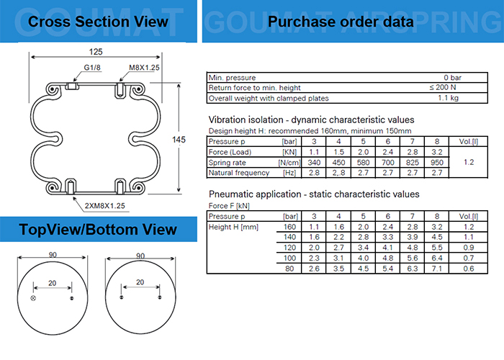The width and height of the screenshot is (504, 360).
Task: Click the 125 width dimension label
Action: click(96, 52)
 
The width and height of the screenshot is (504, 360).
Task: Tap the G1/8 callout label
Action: click(92, 68)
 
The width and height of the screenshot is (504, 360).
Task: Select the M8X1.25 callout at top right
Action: click(144, 68)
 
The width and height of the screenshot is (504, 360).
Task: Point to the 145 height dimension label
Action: click(179, 140)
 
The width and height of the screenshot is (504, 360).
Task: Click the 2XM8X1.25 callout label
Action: click(105, 206)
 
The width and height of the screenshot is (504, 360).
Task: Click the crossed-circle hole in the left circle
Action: click(33, 298)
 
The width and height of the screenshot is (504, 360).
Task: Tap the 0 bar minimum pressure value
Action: click(453, 78)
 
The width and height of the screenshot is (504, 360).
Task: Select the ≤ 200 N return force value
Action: click(443, 87)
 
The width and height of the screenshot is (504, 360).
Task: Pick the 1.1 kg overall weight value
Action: click(448, 98)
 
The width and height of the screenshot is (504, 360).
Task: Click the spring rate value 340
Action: click(314, 162)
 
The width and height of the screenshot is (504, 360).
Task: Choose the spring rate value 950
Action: click(437, 162)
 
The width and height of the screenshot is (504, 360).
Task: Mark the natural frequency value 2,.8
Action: click(338, 173)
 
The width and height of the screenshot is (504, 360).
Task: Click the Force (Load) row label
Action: click(230, 152)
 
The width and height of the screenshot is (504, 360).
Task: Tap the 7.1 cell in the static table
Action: click(437, 269)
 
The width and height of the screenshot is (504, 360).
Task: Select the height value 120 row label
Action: click(289, 248)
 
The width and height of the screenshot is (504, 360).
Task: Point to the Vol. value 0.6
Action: click(469, 269)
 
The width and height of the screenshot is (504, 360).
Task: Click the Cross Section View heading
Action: click(98, 22)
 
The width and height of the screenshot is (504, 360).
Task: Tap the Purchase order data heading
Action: click(341, 22)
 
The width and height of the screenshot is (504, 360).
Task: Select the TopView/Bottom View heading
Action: click(98, 230)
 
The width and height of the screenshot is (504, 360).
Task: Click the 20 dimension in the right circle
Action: click(140, 282)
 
